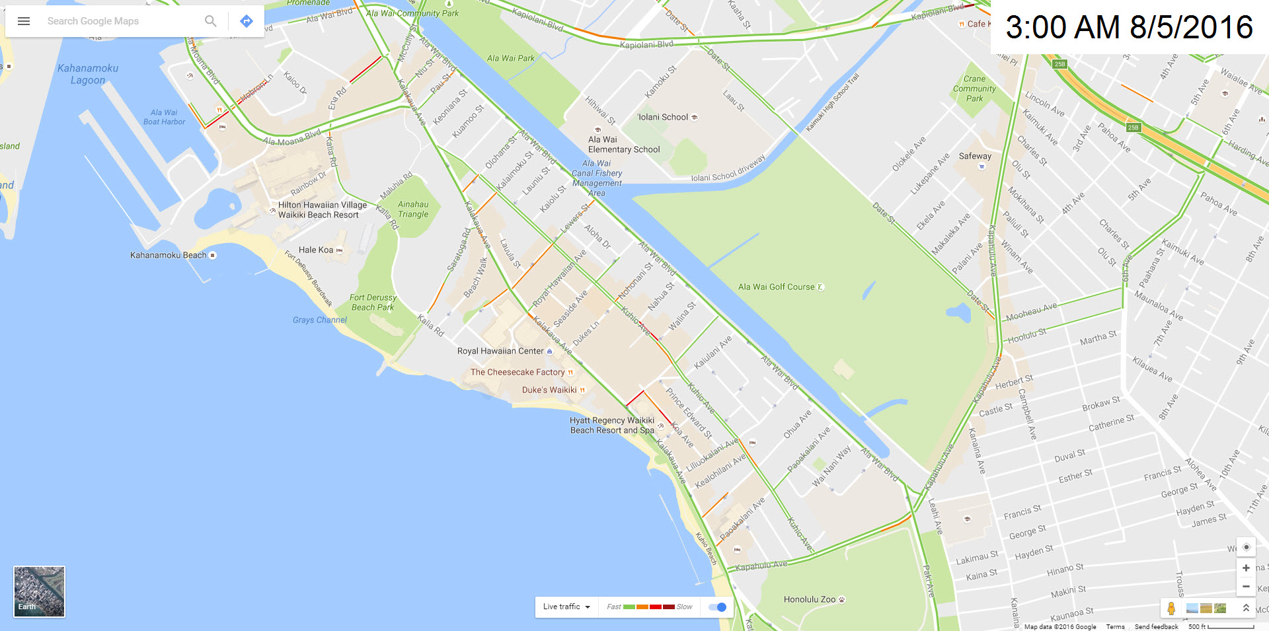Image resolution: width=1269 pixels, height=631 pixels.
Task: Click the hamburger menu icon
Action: (24, 21)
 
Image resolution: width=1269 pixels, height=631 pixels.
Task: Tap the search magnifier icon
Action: (210, 21)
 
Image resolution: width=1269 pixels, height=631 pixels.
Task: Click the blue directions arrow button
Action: (247, 21)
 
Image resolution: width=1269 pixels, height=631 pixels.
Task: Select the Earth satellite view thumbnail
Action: (40, 591)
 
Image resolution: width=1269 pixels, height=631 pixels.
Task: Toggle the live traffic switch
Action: (717, 607)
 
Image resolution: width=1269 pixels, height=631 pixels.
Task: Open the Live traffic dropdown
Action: (566, 607)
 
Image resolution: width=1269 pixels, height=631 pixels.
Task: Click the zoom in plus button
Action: (1246, 568)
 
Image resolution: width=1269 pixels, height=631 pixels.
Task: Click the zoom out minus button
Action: (1246, 586)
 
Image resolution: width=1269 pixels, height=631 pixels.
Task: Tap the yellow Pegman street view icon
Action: (1171, 609)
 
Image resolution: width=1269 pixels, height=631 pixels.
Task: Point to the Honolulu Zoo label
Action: (810, 599)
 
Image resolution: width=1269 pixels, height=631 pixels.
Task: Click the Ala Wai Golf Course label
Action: (776, 287)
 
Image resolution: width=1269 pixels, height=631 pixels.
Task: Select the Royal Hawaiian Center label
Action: (500, 351)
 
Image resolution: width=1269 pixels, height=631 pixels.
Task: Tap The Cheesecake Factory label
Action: (518, 372)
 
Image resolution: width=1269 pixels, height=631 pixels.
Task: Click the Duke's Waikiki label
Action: (549, 390)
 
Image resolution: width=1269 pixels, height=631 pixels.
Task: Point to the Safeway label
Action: (975, 156)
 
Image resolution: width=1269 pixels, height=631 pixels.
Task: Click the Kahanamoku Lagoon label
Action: (88, 74)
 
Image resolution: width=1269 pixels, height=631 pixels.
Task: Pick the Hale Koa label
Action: (316, 250)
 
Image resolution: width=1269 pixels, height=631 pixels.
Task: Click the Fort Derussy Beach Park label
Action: (373, 303)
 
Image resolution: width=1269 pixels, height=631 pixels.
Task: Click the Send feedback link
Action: (1156, 626)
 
